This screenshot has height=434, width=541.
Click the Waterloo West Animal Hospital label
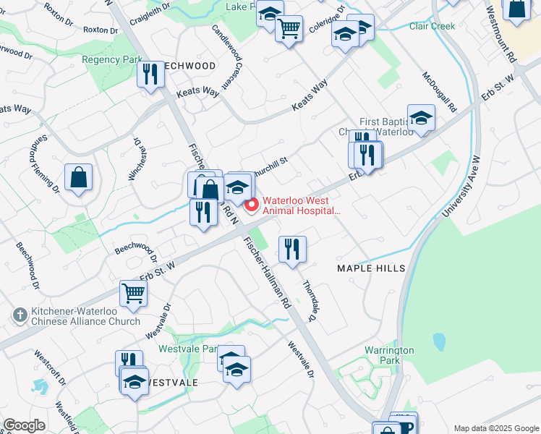(x=300, y=205)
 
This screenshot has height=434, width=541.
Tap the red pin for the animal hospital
(x=252, y=206)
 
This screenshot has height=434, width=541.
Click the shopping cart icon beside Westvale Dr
(x=133, y=293)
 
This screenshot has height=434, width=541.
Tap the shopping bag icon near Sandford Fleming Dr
(x=78, y=178)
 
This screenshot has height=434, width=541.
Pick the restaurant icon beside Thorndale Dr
(x=292, y=250)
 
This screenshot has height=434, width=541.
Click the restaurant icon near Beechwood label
(x=150, y=75)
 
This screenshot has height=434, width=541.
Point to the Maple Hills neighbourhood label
(x=371, y=268)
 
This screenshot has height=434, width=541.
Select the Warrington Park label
(x=389, y=355)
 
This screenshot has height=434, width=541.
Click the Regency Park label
(x=112, y=59)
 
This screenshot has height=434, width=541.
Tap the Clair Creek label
(x=432, y=26)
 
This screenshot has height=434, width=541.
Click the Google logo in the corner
(x=24, y=425)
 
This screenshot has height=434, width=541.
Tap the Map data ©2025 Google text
(x=495, y=428)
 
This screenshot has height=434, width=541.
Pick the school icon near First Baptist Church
(x=421, y=118)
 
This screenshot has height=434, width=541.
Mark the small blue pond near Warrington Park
(x=438, y=342)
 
